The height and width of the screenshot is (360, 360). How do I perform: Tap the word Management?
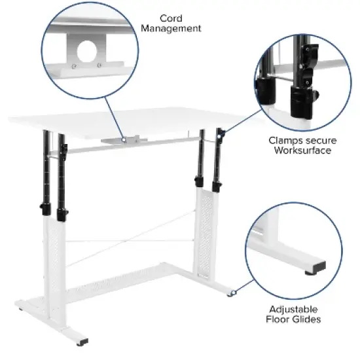pos(170,28)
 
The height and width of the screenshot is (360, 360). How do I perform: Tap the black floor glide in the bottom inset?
pos(314,267)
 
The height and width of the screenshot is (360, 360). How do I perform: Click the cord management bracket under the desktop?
pos(124,139)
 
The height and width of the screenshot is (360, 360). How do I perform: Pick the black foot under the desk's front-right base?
pos(84,342)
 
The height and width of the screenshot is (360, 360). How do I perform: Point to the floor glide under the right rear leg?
pos(230,293)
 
